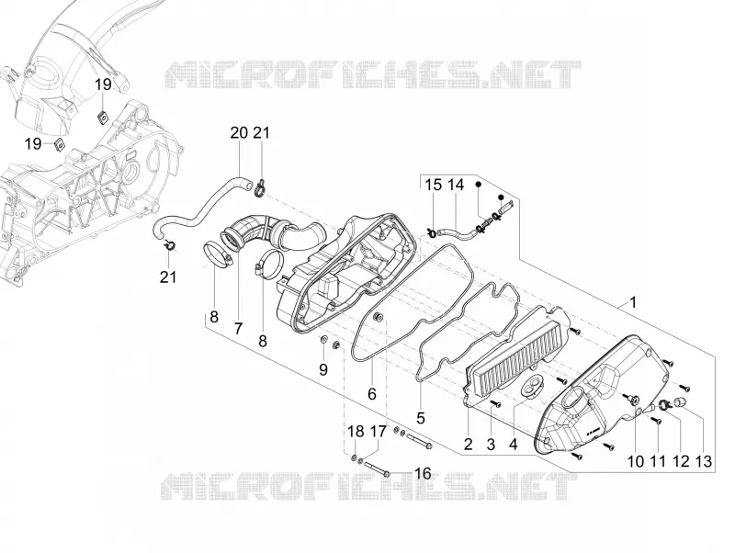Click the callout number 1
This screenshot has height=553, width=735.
pos(633,303)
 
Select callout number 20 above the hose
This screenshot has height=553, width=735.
pos(239,133)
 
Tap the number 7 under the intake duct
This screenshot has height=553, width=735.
pos(238,329)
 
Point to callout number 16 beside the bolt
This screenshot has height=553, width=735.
pos(423,474)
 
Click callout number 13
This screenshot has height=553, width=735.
pos(704,462)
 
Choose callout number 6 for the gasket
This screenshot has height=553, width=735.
pos(372,394)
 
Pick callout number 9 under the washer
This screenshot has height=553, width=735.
pos(323,370)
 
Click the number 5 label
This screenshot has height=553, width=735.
pos(421,418)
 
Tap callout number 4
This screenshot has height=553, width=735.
pos(514,445)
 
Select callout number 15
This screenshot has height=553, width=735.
pos(433,186)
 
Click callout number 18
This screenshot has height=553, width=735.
pos(356,432)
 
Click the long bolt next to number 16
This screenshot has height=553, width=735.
pos(379,469)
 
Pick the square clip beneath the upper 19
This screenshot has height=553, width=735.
pos(101,116)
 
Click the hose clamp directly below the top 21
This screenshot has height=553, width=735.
pos(261,189)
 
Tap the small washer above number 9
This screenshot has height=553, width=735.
pos(323,339)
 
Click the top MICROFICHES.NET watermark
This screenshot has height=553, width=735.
pos(374,75)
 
